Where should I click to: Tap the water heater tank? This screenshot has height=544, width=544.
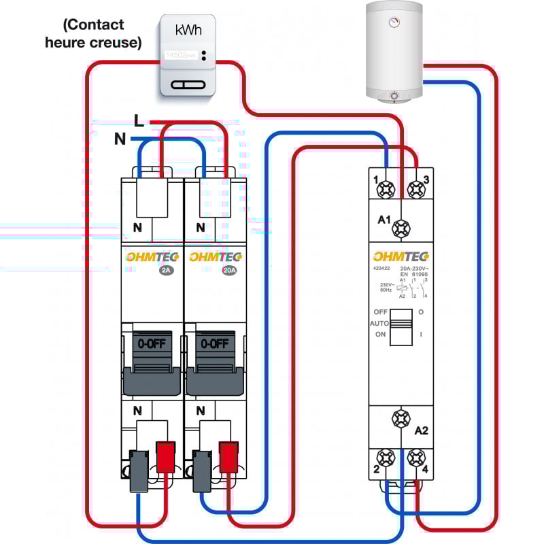[394, 51]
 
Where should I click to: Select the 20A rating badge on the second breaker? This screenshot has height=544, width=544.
[229, 270]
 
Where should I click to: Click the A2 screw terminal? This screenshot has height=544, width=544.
[401, 418]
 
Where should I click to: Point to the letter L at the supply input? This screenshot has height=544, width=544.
[139, 121]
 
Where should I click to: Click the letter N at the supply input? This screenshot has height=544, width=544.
[120, 139]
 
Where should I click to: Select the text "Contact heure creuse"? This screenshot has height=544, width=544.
[93, 33]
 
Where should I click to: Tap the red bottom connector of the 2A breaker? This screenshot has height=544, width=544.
[165, 457]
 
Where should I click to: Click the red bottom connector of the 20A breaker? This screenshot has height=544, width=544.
[228, 457]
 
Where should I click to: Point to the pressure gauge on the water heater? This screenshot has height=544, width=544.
[393, 22]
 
